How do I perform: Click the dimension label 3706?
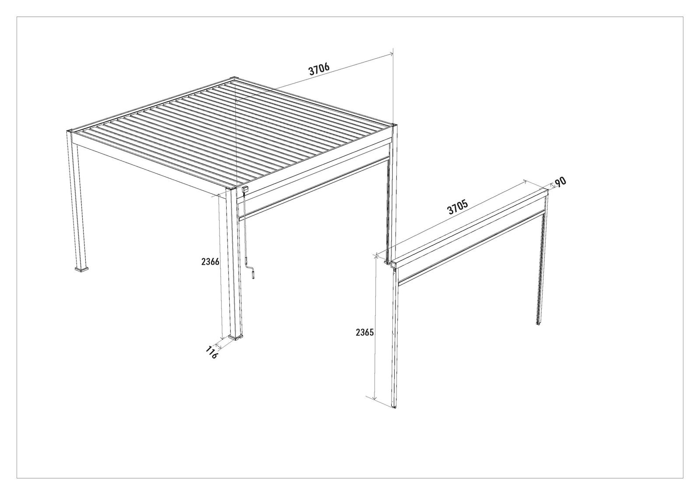click(x=319, y=70)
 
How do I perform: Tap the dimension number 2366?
click(x=210, y=261)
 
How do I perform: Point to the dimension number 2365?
click(x=365, y=332)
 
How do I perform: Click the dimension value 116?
click(x=212, y=352)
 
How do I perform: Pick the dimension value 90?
click(x=560, y=183)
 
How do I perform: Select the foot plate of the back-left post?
click(x=81, y=269)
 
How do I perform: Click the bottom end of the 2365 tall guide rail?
click(x=394, y=407)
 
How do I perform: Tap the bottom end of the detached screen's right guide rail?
click(x=539, y=323)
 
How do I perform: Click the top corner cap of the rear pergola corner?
click(x=235, y=78)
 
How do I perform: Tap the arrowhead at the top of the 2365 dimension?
click(x=374, y=256)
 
